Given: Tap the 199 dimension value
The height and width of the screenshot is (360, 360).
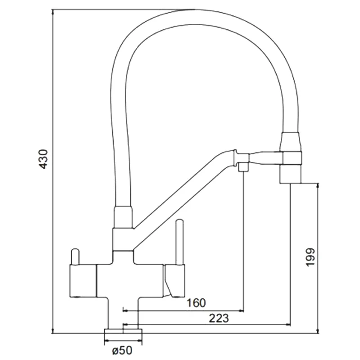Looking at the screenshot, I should [311, 257].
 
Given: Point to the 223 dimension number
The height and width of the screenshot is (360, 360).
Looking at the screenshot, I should [219, 318].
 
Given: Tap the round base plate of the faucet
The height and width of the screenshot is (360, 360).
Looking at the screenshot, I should [123, 333].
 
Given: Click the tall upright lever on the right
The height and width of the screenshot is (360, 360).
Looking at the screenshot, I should [179, 241].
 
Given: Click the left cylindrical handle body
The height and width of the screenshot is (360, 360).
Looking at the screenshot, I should [83, 281].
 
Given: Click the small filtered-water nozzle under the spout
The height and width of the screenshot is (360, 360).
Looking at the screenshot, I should [243, 168].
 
